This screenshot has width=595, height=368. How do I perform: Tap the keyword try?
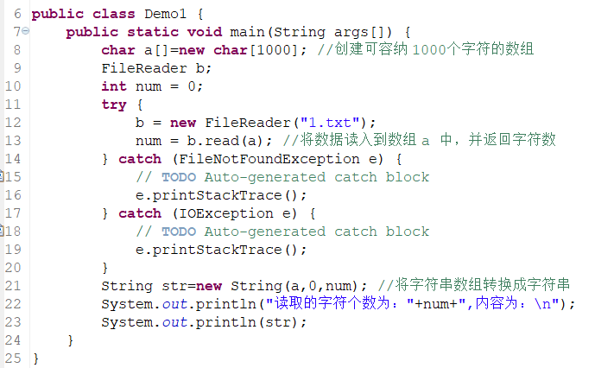pyautogui.click(x=114, y=105)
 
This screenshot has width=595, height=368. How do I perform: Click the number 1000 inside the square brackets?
pyautogui.click(x=275, y=50)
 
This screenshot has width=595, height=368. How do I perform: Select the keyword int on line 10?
pyautogui.click(x=114, y=86)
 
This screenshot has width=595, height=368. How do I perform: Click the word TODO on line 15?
pyautogui.click(x=178, y=177)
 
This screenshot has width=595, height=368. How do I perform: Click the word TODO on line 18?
pyautogui.click(x=178, y=232)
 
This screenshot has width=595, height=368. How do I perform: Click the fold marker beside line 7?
pyautogui.click(x=27, y=31)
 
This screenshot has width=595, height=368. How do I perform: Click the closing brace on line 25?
pyautogui.click(x=35, y=358)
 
